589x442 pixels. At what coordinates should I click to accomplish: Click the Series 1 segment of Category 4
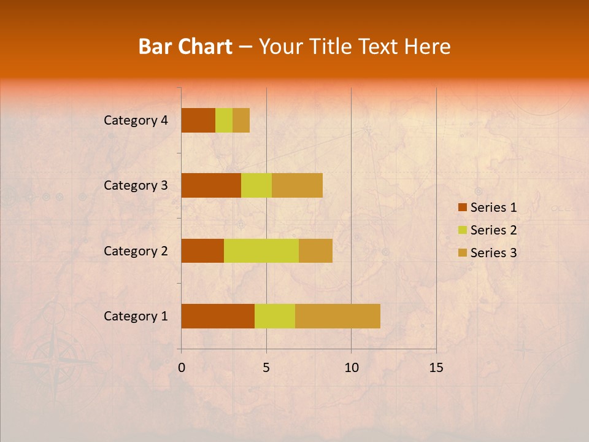point(198,120)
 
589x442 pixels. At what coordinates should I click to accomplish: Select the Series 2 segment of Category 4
point(224,120)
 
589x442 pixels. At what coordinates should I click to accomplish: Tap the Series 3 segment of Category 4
point(241,120)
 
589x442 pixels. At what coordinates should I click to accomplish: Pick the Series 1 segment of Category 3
point(211,185)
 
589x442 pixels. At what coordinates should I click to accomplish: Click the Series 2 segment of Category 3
point(256,185)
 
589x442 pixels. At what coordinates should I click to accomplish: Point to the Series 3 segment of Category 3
point(297,185)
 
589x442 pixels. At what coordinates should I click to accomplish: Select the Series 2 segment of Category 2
point(261,250)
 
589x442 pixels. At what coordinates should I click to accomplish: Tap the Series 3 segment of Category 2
point(315,250)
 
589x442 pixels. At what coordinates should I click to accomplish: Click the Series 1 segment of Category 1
point(218,316)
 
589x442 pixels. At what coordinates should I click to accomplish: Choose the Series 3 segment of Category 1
point(337,316)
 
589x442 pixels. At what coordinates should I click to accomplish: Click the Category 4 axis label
point(136,120)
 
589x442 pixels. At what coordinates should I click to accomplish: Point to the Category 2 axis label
point(136,250)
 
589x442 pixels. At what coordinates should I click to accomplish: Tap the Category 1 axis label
point(136,316)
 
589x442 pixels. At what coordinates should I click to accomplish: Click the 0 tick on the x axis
point(182,368)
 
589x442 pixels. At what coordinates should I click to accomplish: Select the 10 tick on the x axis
point(351,368)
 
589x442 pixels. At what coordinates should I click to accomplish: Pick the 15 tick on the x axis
point(436,368)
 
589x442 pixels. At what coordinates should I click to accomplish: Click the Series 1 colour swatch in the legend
point(462,207)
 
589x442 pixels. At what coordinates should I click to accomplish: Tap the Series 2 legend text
point(493,230)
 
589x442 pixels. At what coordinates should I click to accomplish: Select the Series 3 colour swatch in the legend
point(462,253)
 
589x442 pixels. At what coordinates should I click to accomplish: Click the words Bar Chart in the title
point(185,47)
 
